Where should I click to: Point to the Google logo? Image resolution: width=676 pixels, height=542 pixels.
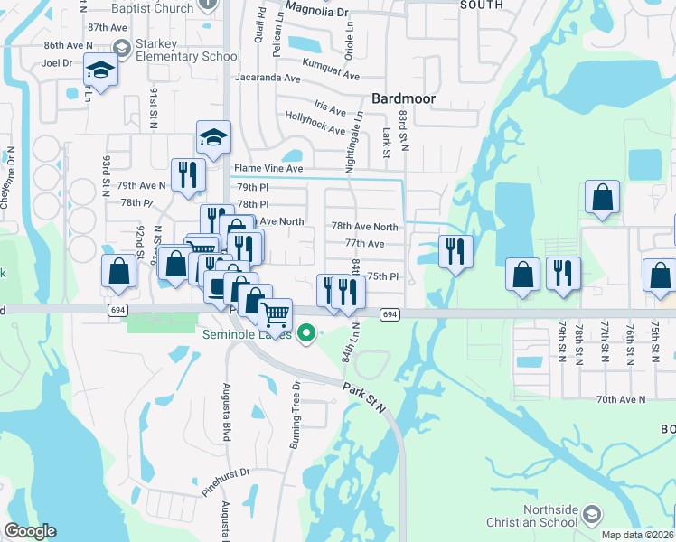click(x=31, y=531)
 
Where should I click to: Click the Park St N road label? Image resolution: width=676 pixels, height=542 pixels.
click(x=364, y=397)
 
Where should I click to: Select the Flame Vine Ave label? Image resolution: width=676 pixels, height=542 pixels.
click(x=268, y=169)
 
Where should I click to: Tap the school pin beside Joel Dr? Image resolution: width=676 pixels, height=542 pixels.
click(x=100, y=70)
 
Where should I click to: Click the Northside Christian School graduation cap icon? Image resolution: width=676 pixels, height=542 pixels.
click(x=591, y=515)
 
